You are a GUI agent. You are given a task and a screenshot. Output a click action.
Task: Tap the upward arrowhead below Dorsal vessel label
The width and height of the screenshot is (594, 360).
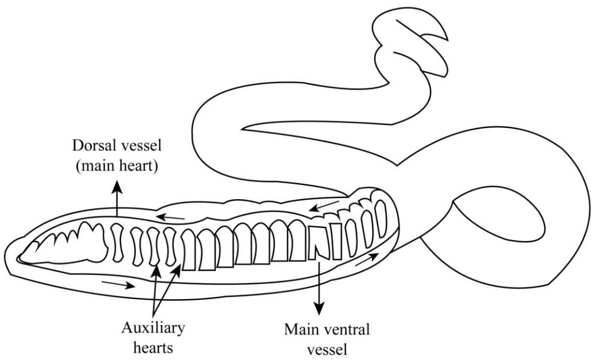tap(117, 185)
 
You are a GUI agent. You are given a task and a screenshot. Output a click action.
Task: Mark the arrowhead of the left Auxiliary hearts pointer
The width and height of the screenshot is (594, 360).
tap(155, 269)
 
